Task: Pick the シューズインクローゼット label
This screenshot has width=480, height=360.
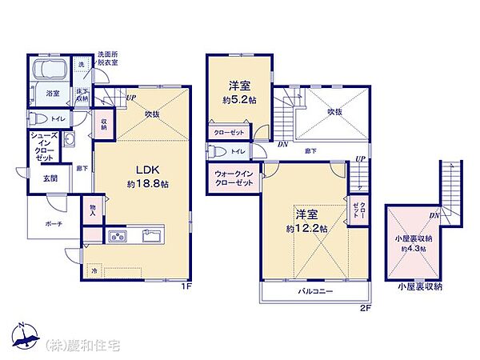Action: click(x=44, y=147)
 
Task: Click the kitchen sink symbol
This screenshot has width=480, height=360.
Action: click(x=151, y=235)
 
